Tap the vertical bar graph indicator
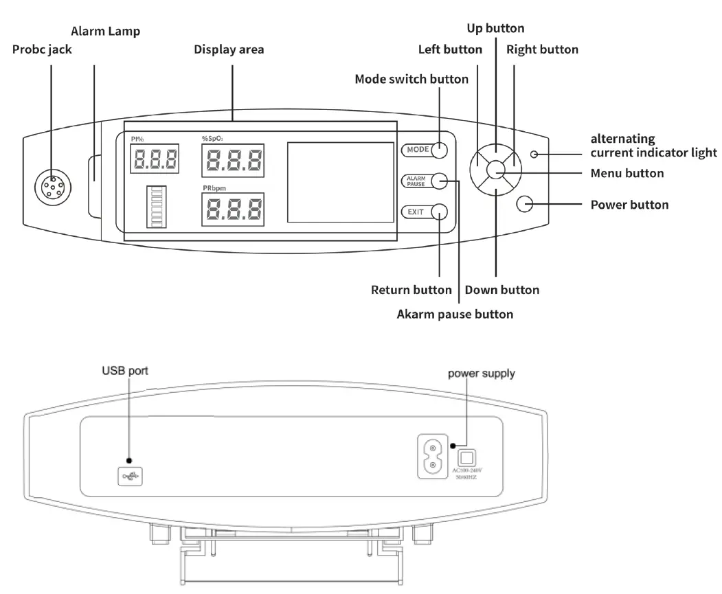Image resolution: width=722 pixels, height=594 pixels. pyautogui.click(x=156, y=206)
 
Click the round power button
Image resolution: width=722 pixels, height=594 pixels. pyautogui.click(x=525, y=204)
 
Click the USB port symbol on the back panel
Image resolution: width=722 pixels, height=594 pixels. pyautogui.click(x=130, y=475)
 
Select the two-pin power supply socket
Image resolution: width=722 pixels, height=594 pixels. pyautogui.click(x=432, y=457)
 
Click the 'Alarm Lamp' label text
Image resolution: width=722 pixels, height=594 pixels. pyautogui.click(x=106, y=31)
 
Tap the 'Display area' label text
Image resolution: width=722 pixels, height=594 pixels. pyautogui.click(x=229, y=49)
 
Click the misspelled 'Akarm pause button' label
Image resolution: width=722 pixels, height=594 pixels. pyautogui.click(x=455, y=315)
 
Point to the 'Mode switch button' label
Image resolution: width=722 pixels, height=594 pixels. pyautogui.click(x=411, y=79)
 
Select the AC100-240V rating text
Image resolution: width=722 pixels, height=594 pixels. pyautogui.click(x=466, y=470)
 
